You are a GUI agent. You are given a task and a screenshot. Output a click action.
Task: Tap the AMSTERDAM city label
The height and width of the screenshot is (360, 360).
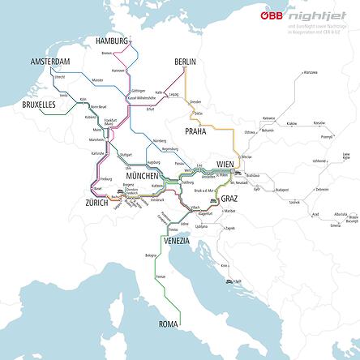click(51, 62)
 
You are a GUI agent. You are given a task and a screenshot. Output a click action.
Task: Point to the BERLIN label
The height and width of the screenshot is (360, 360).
click(186, 62)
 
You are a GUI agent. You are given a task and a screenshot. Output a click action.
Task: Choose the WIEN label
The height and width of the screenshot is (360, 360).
click(225, 165)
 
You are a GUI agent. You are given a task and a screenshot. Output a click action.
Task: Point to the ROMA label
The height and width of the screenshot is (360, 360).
click(169, 324)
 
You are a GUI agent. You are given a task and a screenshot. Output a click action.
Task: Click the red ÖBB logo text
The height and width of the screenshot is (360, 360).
click(272, 15)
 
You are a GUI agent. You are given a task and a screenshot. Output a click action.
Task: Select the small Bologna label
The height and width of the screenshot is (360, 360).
click(151, 255)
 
